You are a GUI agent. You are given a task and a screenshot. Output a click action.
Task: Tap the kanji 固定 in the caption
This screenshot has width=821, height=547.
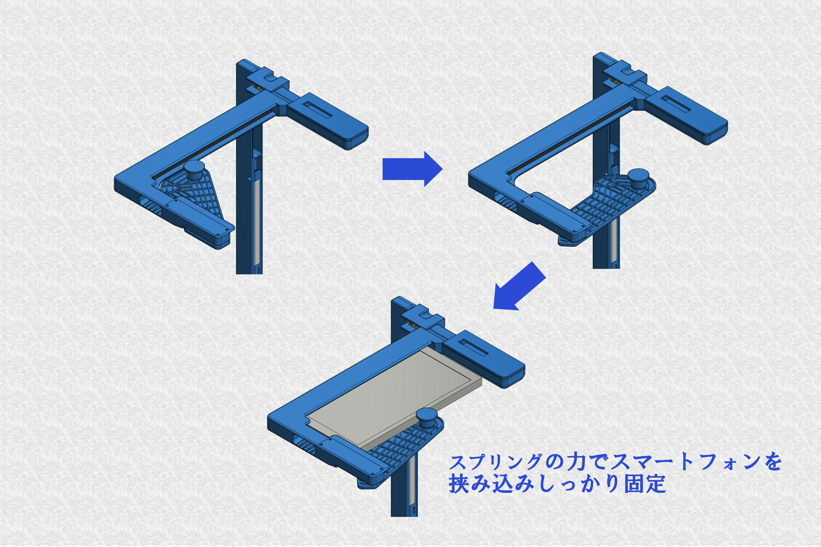644,484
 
